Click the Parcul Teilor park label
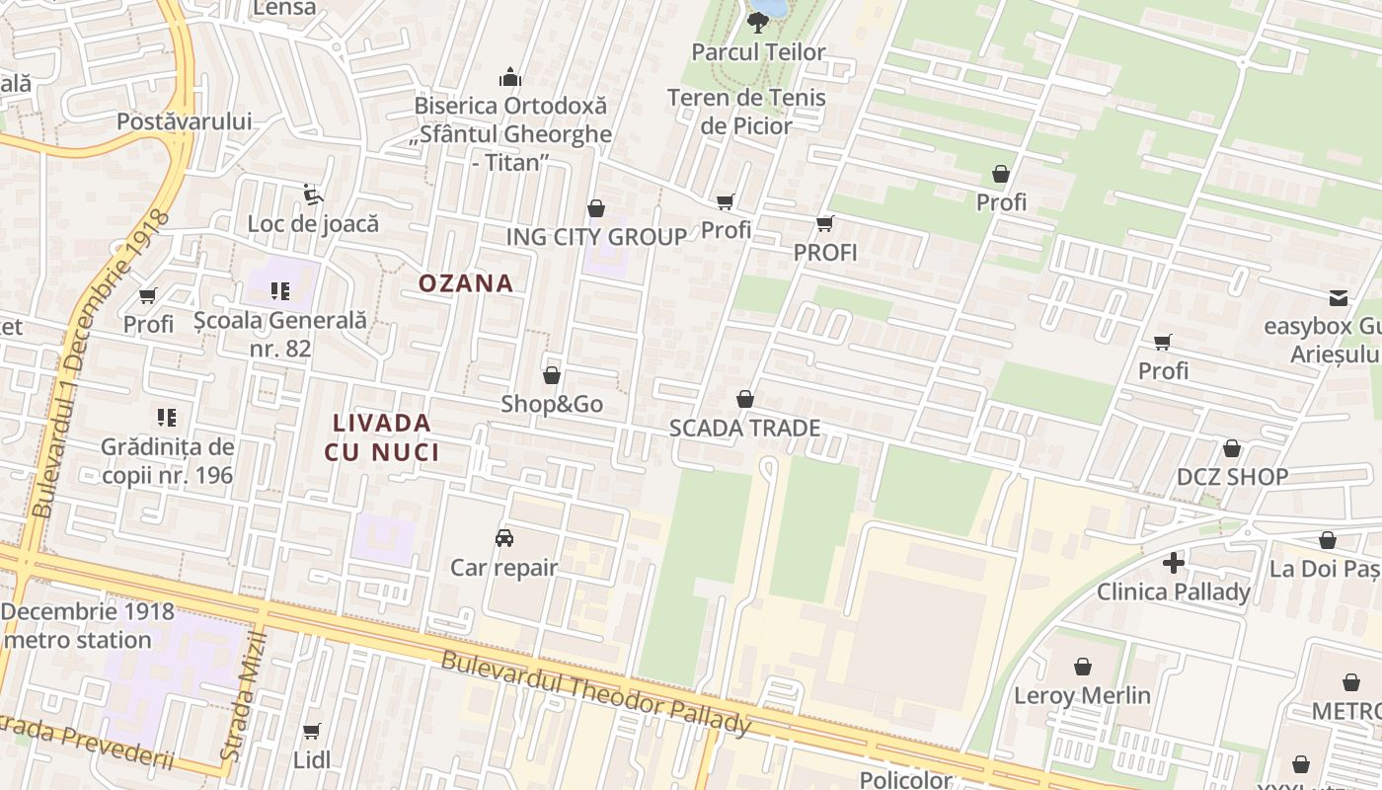click(x=758, y=52)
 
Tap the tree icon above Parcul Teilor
click(x=758, y=22)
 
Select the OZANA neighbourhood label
click(x=466, y=283)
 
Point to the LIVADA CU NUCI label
click(x=381, y=437)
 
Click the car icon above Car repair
click(x=503, y=538)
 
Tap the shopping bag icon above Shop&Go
click(x=552, y=375)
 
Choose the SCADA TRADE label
click(x=744, y=428)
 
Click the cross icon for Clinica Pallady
click(x=1174, y=563)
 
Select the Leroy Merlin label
click(x=1082, y=695)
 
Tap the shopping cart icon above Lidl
click(x=312, y=731)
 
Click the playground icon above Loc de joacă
click(x=312, y=195)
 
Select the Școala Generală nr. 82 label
click(x=279, y=334)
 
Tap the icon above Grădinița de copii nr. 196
click(x=167, y=418)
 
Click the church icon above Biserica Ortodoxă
click(x=510, y=77)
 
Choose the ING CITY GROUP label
click(x=596, y=237)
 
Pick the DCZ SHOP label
click(x=1232, y=477)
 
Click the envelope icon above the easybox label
click(x=1339, y=297)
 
